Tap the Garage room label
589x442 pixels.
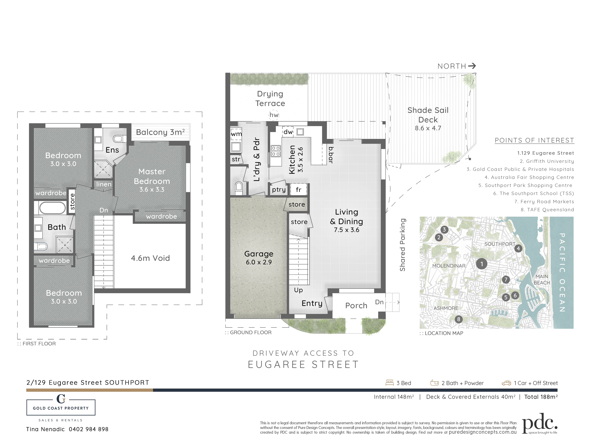click(259, 254)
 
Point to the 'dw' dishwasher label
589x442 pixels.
click(288, 132)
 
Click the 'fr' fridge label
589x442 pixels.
click(299, 190)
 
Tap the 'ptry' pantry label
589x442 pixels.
click(279, 190)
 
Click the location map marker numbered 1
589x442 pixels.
click(481, 264)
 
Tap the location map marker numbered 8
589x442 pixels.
click(459, 319)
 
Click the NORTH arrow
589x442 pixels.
click(472, 66)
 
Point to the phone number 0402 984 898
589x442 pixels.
click(89, 429)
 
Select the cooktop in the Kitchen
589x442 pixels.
click(276, 151)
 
